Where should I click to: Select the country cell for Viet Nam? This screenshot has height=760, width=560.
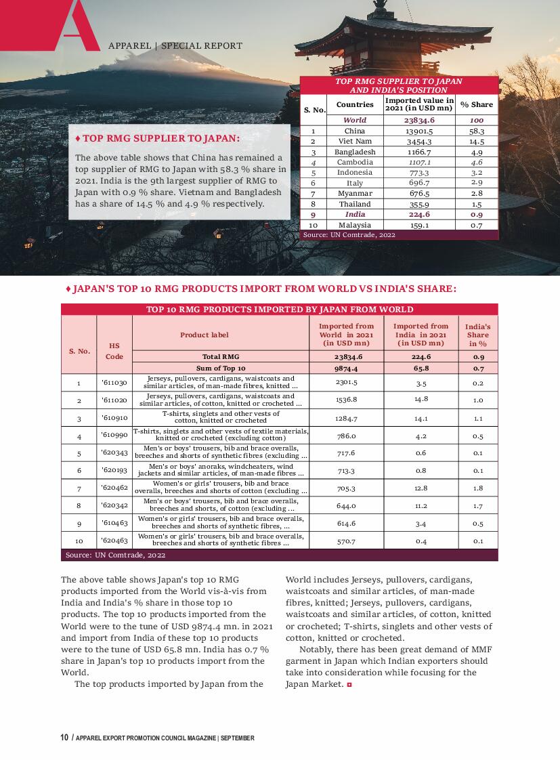tap(355, 142)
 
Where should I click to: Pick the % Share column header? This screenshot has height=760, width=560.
tap(477, 104)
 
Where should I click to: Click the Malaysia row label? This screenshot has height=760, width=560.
tap(355, 225)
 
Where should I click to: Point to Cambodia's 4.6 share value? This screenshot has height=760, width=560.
tap(477, 163)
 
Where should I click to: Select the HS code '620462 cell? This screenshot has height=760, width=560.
tap(114, 488)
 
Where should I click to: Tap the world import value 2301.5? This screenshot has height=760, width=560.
tap(346, 383)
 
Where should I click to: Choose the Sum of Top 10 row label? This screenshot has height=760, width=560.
tap(221, 368)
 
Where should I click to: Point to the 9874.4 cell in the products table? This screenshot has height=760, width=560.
tap(346, 368)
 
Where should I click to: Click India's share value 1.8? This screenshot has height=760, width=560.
tap(478, 488)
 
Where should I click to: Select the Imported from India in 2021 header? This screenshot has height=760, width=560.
tap(421, 335)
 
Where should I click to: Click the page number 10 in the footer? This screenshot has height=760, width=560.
tap(64, 738)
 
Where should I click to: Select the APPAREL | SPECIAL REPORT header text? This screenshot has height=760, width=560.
tap(175, 46)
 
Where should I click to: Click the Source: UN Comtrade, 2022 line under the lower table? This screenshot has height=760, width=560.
tap(116, 555)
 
